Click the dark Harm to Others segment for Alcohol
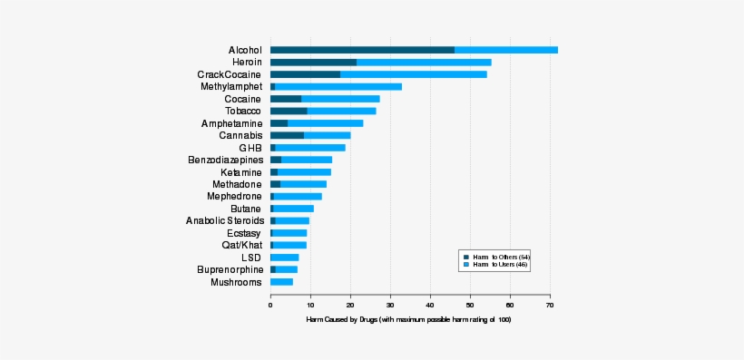(x=362, y=50)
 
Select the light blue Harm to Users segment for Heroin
(x=424, y=62)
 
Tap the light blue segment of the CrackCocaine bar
(x=413, y=74)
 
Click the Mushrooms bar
(x=281, y=282)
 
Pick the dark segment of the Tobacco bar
(x=289, y=111)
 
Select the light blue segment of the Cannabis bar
(x=327, y=135)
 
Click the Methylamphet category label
(x=230, y=87)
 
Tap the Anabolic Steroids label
(x=224, y=220)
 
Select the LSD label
(x=251, y=258)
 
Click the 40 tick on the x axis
(x=430, y=305)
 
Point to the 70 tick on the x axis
(x=550, y=305)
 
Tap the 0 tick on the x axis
(x=270, y=305)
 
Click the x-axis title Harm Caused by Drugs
(x=408, y=320)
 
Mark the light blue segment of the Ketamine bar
(x=304, y=171)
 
